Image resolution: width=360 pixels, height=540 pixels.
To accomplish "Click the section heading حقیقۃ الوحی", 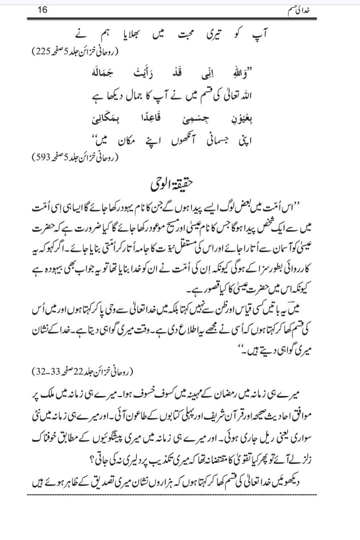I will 180,183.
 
